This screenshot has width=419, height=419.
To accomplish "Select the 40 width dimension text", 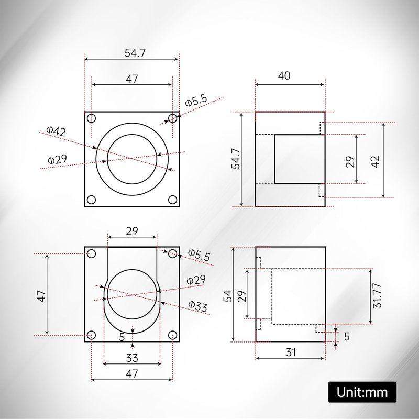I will pos(283,75).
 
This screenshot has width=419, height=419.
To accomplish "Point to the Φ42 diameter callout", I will pos(56,131).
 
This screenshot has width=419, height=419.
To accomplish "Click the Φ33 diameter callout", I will pos(199,306).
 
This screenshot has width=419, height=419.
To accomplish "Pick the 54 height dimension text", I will pos(226,296).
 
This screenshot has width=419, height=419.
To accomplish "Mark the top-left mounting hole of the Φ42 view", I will pos(91,118).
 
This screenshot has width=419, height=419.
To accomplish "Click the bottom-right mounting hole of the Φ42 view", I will pos(172,200).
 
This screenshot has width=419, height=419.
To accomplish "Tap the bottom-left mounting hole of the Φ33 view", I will pos(91,335).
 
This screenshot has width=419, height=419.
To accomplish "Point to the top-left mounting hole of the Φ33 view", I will pos(91,254).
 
